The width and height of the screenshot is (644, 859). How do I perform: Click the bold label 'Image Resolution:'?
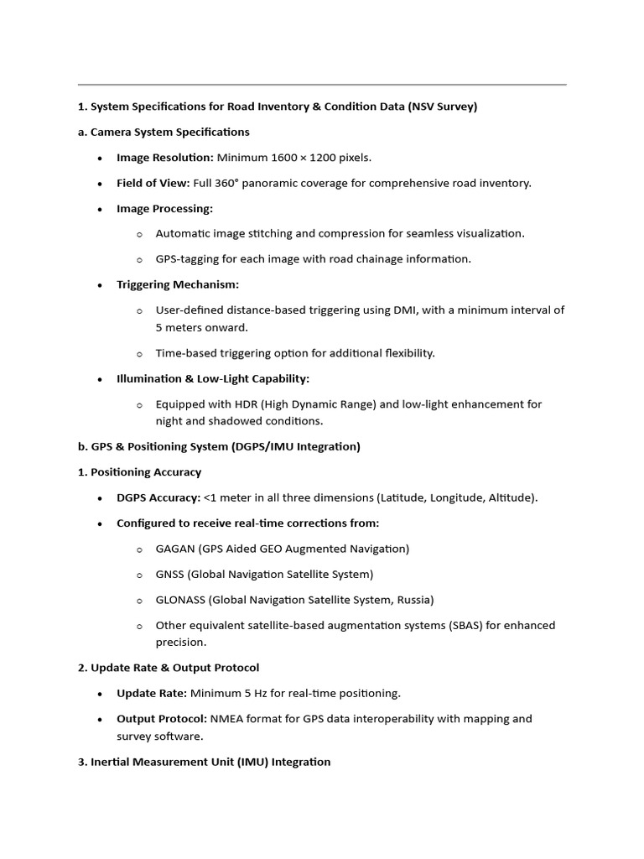point(165,158)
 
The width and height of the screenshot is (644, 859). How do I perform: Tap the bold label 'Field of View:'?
point(153,183)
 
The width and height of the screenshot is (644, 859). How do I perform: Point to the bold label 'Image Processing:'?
point(164,208)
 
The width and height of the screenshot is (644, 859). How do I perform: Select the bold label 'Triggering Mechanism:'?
point(178,284)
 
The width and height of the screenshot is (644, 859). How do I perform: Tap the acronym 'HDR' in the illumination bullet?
point(231,404)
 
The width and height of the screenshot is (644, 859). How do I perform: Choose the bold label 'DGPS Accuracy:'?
point(158,497)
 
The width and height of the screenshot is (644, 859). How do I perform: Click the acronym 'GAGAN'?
point(174,549)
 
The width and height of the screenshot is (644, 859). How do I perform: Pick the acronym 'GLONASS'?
point(179,600)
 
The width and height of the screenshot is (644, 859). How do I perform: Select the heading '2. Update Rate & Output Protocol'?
point(169,668)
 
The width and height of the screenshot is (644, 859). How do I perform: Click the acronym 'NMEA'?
point(226,719)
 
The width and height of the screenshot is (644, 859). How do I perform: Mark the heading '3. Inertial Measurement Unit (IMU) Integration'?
point(204,762)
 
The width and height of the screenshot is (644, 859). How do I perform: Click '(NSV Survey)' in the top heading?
point(439,107)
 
